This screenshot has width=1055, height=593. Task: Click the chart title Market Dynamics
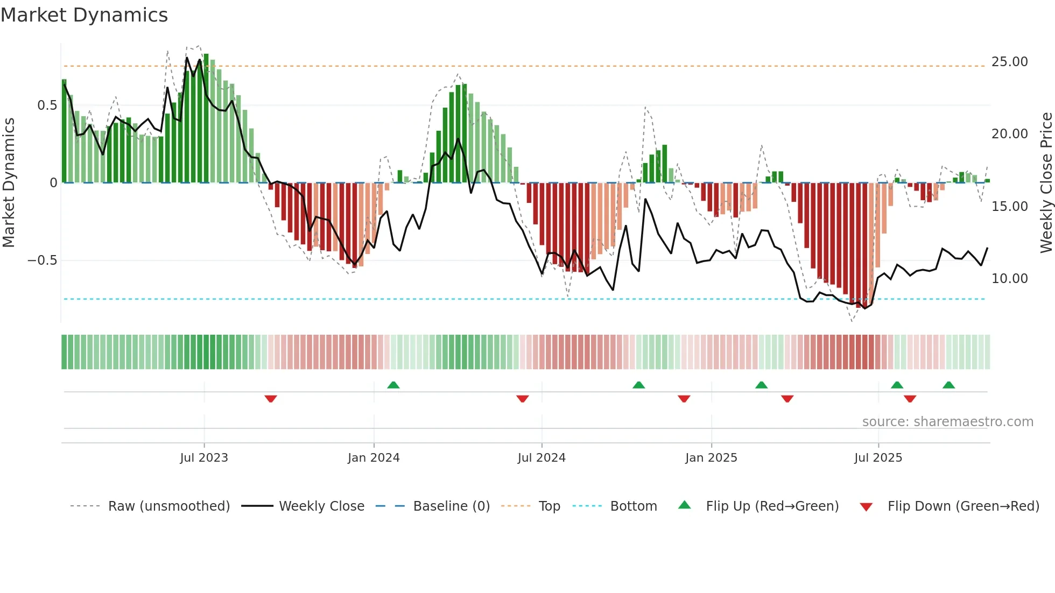coord(84,15)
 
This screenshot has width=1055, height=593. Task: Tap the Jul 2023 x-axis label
coord(204,458)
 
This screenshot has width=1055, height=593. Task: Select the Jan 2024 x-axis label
coord(374,458)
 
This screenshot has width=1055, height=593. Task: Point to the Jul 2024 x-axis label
coord(541,458)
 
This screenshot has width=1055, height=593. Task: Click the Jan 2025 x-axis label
coord(711,458)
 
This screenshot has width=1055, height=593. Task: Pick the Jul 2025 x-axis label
coord(878,458)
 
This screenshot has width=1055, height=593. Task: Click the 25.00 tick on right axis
coord(1009,62)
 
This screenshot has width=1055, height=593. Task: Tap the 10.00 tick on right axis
coord(1009,279)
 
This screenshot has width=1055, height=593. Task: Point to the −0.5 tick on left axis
coord(42,260)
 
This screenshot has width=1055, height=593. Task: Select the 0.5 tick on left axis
coord(47,105)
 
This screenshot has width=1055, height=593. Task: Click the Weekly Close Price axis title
coord(1046,183)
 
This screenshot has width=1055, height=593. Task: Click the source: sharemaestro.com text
coord(947,422)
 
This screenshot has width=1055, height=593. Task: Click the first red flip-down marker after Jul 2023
coord(271,399)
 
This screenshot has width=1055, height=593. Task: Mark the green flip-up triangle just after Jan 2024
coord(393,385)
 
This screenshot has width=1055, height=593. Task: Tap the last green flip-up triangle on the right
coord(948,385)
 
